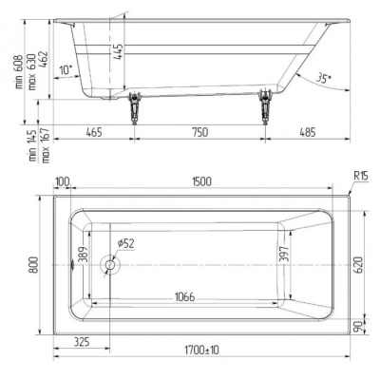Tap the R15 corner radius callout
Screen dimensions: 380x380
click(360, 177)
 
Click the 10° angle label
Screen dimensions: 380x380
click(66, 70)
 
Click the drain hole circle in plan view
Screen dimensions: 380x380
click(110, 267)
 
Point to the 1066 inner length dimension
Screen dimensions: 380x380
click(186, 297)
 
